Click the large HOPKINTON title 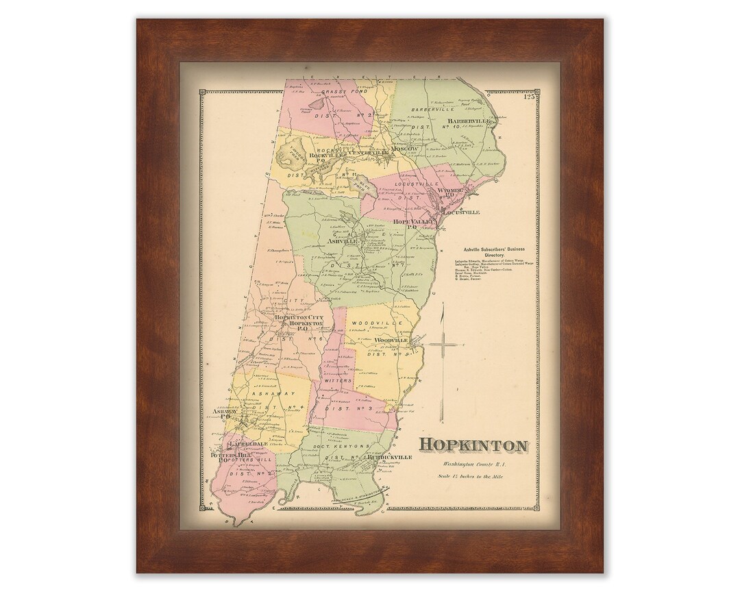pos(473,445)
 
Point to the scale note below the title pos(473,476)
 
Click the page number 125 pos(529,97)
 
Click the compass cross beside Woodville pos(443,346)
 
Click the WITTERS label pos(339,380)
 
